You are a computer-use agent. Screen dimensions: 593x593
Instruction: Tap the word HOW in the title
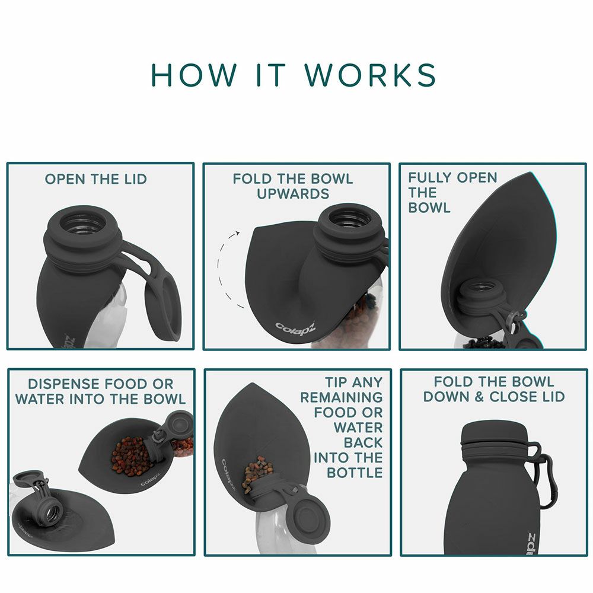[x=194, y=75]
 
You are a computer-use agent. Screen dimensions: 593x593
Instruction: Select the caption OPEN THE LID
[x=95, y=179]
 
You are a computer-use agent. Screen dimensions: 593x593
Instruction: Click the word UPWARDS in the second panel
[x=293, y=194]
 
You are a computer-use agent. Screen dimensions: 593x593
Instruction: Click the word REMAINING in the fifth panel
[x=342, y=397]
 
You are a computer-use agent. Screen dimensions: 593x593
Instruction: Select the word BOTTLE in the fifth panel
[x=355, y=473]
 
